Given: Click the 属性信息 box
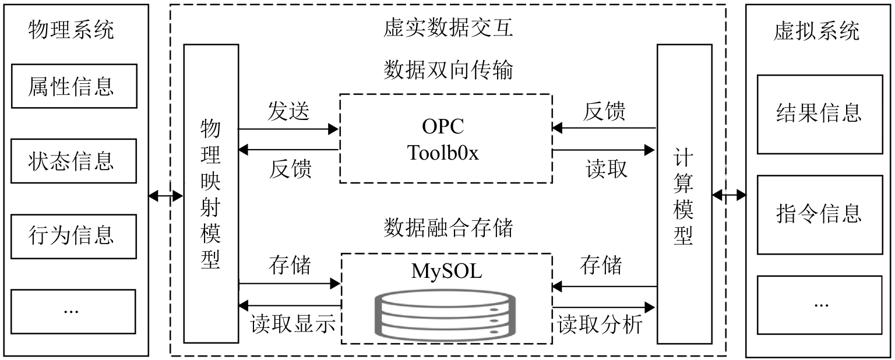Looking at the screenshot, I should tap(73, 86).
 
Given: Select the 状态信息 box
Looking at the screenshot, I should tap(73, 160).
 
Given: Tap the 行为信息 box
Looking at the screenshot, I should tap(73, 235).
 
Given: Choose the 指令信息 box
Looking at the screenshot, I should tap(819, 213).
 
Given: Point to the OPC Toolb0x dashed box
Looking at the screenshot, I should tap(446, 138).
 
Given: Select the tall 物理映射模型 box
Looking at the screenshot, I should tap(211, 193).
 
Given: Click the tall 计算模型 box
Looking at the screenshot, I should tap(684, 193).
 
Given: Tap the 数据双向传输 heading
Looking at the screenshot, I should tap(448, 70).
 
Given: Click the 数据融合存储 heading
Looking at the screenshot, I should tap(448, 228).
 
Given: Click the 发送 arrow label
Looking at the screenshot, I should tap(289, 111).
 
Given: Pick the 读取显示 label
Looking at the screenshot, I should tap(293, 324).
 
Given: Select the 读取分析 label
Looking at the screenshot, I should tap(600, 324).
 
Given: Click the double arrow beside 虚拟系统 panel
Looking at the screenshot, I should tap(729, 195).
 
